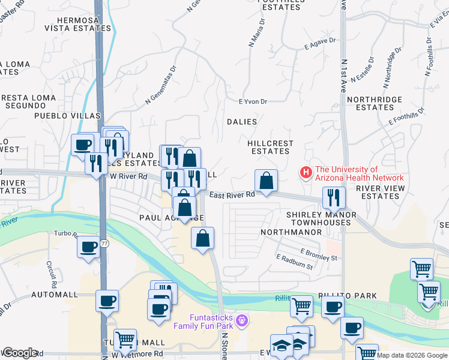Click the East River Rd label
click(232, 194)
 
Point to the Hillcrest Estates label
click(271, 147)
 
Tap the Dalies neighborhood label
click(242, 122)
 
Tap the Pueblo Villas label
click(67, 115)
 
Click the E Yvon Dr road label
click(252, 102)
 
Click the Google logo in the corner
click(19, 353)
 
